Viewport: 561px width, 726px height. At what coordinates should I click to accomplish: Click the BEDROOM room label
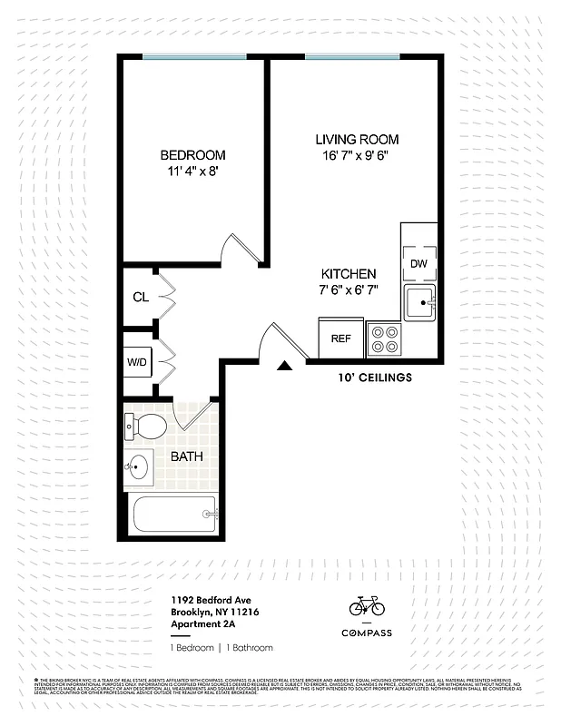click(192, 155)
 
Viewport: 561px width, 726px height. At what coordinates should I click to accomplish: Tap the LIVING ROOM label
click(357, 140)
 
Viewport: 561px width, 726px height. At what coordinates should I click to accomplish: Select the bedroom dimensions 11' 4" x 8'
click(192, 171)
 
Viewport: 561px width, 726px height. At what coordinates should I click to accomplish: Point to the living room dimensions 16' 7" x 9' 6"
click(357, 156)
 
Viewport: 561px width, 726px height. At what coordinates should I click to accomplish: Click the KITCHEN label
click(349, 274)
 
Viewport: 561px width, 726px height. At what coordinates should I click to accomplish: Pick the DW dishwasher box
click(418, 263)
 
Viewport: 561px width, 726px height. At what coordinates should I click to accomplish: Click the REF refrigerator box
click(340, 338)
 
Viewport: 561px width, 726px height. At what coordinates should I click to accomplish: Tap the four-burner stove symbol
click(384, 338)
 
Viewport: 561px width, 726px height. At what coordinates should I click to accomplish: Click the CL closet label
click(141, 297)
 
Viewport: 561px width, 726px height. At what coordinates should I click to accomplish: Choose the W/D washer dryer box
click(138, 362)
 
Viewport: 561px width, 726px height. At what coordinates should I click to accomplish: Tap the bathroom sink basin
click(139, 469)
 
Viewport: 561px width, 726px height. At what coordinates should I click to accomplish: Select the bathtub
click(174, 515)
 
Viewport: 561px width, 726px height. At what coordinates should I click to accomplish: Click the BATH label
click(186, 456)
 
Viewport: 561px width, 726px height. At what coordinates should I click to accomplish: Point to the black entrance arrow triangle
click(284, 365)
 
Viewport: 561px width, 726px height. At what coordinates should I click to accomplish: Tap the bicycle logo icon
click(367, 605)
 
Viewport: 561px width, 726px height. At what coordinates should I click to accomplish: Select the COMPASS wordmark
click(367, 633)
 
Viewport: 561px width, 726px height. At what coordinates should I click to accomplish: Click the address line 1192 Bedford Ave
click(212, 600)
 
